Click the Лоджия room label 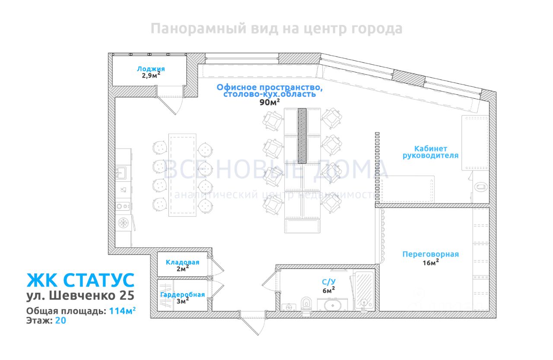click(151, 69)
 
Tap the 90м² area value click(269, 102)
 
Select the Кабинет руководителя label click(430, 152)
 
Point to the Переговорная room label click(430, 254)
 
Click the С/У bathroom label click(328, 282)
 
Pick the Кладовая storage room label click(182, 262)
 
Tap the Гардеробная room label click(182, 294)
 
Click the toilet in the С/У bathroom click(306, 303)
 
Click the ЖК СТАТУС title click(80, 280)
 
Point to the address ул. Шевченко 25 click(80, 296)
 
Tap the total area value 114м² click(122, 311)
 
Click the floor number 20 click(60, 321)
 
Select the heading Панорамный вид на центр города click(276, 29)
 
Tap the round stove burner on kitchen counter click(123, 223)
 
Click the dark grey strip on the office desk click(302, 135)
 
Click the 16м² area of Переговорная click(430, 262)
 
